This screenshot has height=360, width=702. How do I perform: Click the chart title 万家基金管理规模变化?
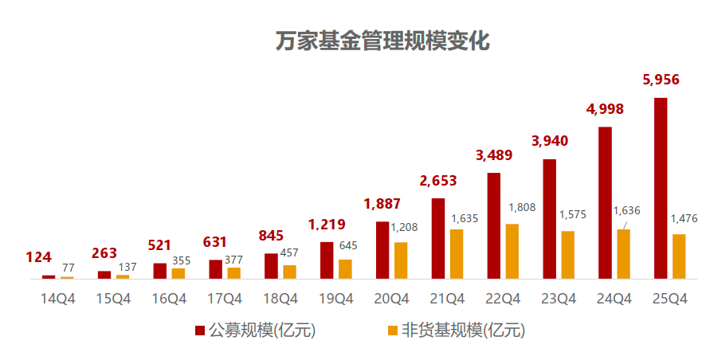382,41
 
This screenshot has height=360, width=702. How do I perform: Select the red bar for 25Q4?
661,188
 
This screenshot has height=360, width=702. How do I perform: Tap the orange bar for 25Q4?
679,256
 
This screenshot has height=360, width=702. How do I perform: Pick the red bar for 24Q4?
605,202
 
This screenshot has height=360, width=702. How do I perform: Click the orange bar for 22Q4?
512,251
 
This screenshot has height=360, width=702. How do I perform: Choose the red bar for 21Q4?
437,238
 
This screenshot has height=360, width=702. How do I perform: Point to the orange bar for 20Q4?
401,260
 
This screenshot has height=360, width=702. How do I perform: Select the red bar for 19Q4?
327,260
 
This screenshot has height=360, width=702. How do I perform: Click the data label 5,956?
661,80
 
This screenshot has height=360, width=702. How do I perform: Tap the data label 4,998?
605,109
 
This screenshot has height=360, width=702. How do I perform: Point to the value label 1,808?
522,207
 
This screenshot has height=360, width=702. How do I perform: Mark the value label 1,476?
684,218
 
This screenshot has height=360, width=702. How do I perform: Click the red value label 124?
38,257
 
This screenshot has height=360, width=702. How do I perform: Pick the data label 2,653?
437,181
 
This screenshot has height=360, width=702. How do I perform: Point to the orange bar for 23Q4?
567,255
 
